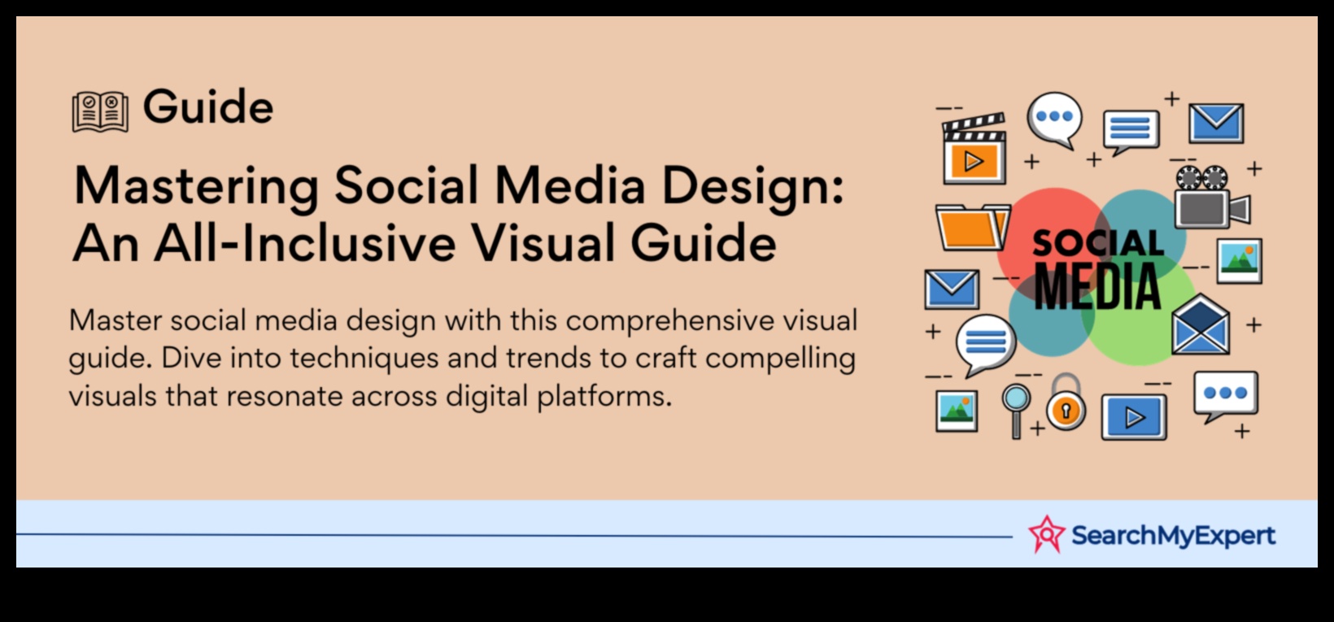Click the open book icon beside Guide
[x=100, y=111]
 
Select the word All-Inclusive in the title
[x=305, y=242]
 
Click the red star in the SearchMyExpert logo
[x=1046, y=534]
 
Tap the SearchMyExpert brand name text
[x=1173, y=535]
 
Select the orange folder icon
[x=973, y=227]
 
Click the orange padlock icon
[x=1066, y=402]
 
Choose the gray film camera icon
[x=1212, y=197]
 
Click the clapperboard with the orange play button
[x=974, y=148]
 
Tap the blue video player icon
[x=1133, y=417]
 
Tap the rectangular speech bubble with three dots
[x=1226, y=396]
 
